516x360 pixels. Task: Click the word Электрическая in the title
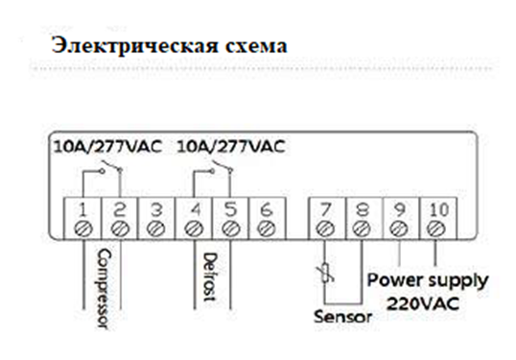click(134, 45)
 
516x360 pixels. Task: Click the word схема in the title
click(256, 46)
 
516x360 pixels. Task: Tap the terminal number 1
click(82, 209)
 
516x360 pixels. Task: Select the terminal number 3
click(156, 209)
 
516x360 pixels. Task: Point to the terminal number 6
click(267, 209)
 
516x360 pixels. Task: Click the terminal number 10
click(439, 209)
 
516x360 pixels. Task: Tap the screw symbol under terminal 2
click(120, 228)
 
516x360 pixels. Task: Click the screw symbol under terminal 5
click(230, 228)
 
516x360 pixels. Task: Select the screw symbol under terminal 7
click(325, 228)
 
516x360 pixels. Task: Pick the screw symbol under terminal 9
click(399, 228)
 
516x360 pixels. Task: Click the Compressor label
click(104, 288)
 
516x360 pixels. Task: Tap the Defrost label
click(210, 276)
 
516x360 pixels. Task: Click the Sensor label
click(342, 317)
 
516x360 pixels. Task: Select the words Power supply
click(428, 281)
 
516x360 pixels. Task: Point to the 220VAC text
click(423, 303)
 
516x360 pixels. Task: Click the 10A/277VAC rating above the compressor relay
click(107, 147)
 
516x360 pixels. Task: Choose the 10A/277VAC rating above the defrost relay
click(231, 147)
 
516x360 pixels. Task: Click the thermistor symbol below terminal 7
click(325, 274)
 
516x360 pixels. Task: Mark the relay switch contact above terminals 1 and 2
click(111, 167)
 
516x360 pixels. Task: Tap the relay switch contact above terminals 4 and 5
click(222, 167)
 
